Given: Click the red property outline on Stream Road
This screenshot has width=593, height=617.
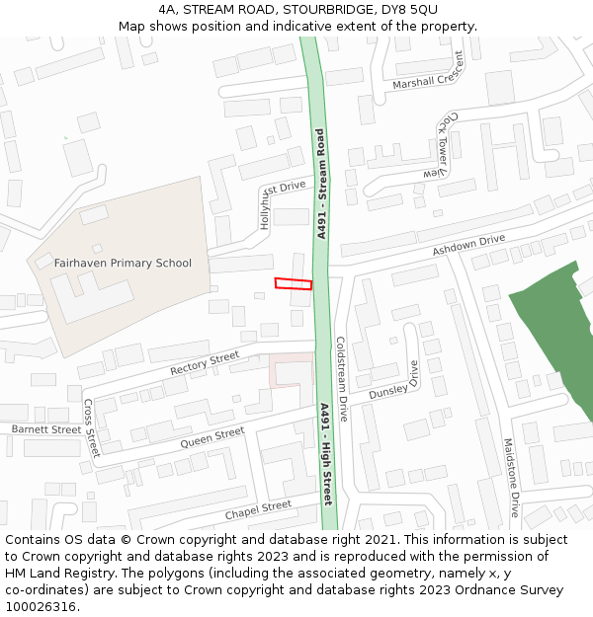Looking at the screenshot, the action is pos(294,284).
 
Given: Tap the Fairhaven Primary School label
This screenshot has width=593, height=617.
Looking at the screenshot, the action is pos(123,264).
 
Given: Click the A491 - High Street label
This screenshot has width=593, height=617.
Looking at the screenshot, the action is pos(326,454).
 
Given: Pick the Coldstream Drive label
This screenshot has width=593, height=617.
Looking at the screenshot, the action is pos(340,379).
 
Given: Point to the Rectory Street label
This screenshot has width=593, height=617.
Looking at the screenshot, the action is pos(205,362).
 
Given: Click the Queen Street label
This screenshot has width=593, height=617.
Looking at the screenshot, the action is pos(212,438).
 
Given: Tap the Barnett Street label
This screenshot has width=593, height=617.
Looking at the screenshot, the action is pos(46,429).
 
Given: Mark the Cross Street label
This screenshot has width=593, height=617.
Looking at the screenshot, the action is pos(92,428).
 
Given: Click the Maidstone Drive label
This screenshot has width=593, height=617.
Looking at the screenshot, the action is pos(510,479).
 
